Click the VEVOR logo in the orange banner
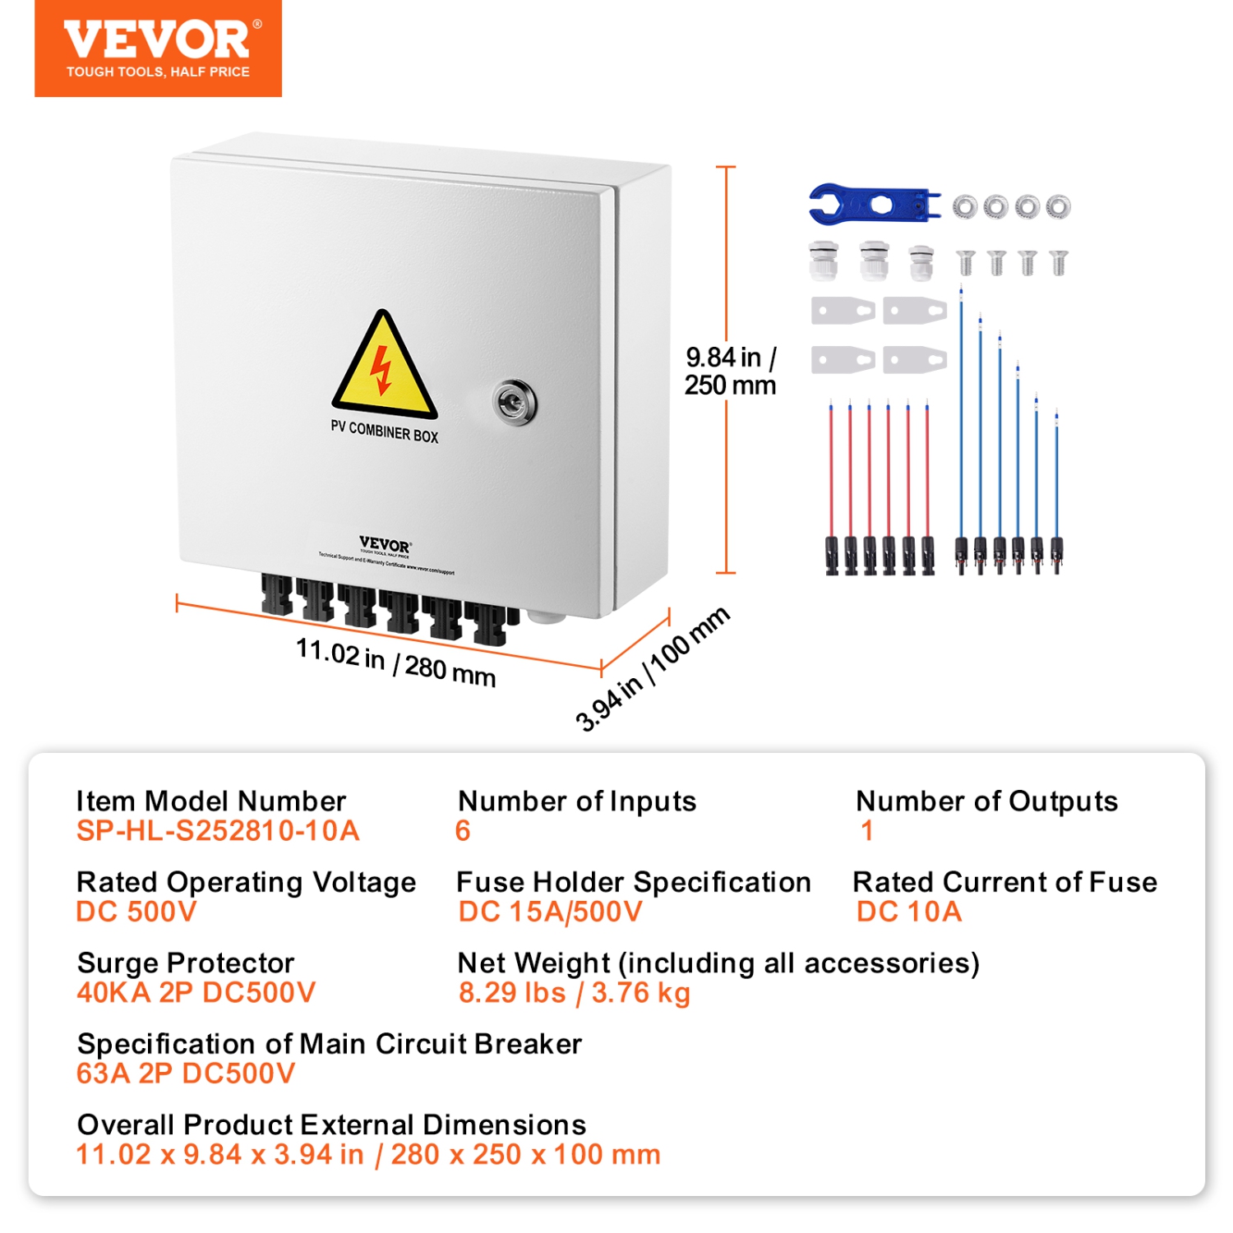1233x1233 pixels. click(x=156, y=41)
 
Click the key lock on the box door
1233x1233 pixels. click(x=514, y=402)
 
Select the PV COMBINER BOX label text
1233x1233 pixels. click(x=384, y=432)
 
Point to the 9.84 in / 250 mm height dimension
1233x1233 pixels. click(x=730, y=371)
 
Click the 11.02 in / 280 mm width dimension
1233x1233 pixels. click(x=395, y=663)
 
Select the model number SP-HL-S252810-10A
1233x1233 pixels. click(x=218, y=831)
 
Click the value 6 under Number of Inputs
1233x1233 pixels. click(x=463, y=831)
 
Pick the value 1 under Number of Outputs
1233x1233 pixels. click(x=866, y=831)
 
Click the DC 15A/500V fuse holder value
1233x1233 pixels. click(x=550, y=912)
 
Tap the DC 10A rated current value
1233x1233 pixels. click(x=908, y=912)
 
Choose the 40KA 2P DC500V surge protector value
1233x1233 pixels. click(x=196, y=992)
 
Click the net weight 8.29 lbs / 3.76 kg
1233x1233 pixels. click(x=574, y=992)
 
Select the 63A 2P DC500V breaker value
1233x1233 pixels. click(x=185, y=1073)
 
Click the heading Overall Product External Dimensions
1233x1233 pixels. click(x=331, y=1124)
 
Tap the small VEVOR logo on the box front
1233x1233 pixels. click(x=385, y=545)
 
